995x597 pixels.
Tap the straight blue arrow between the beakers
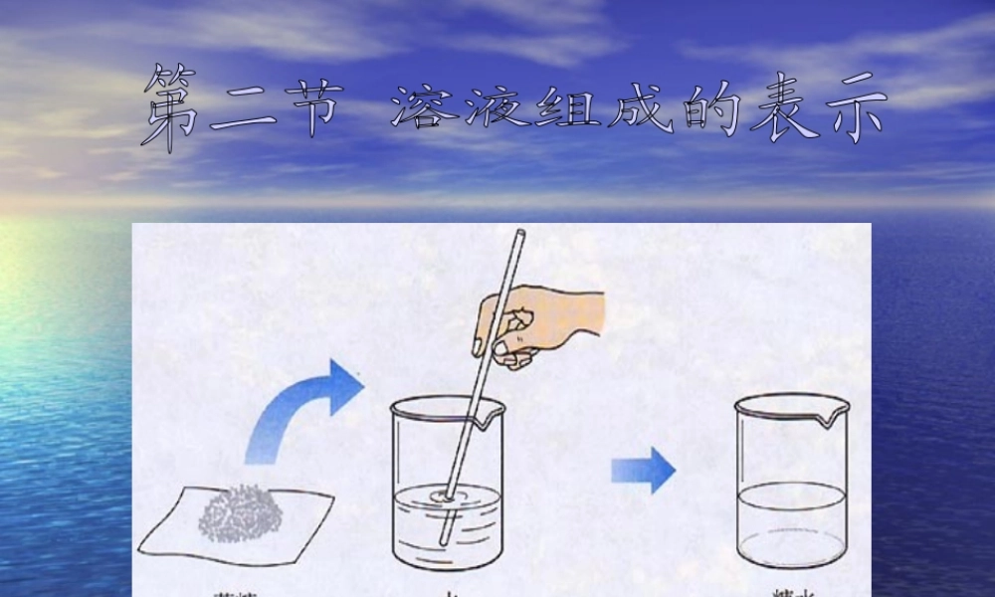pos(643,470)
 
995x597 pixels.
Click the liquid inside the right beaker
pos(791,522)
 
